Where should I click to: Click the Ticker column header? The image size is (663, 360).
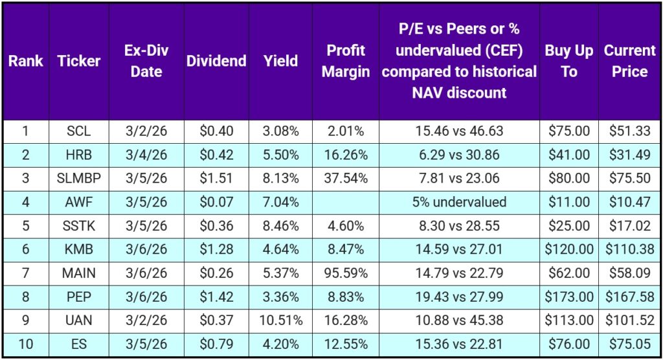(x=79, y=61)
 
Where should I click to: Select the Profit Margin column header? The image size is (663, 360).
(x=346, y=61)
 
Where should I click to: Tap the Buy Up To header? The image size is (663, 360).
(x=568, y=61)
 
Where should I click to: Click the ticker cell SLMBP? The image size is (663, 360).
(x=79, y=178)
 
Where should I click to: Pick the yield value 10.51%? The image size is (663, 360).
(x=280, y=320)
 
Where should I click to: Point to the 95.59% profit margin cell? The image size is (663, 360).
(x=346, y=273)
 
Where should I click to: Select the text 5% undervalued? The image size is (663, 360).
(x=459, y=202)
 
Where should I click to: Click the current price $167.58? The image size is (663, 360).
(x=629, y=297)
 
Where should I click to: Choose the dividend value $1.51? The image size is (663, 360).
(x=216, y=178)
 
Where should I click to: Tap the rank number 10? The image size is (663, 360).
(x=25, y=344)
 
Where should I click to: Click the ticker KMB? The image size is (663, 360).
(x=79, y=249)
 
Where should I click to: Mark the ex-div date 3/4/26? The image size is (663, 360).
(x=146, y=155)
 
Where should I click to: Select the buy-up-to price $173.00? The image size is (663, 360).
(x=568, y=297)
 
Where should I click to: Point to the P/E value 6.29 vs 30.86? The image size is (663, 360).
(x=459, y=155)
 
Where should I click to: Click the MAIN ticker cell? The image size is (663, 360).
(x=79, y=273)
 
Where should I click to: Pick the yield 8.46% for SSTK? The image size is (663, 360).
(x=280, y=225)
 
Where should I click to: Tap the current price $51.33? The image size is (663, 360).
(x=629, y=131)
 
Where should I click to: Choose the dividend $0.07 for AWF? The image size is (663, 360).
(x=216, y=202)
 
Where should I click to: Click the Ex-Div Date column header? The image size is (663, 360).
(x=146, y=61)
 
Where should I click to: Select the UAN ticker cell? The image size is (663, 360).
(x=79, y=320)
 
